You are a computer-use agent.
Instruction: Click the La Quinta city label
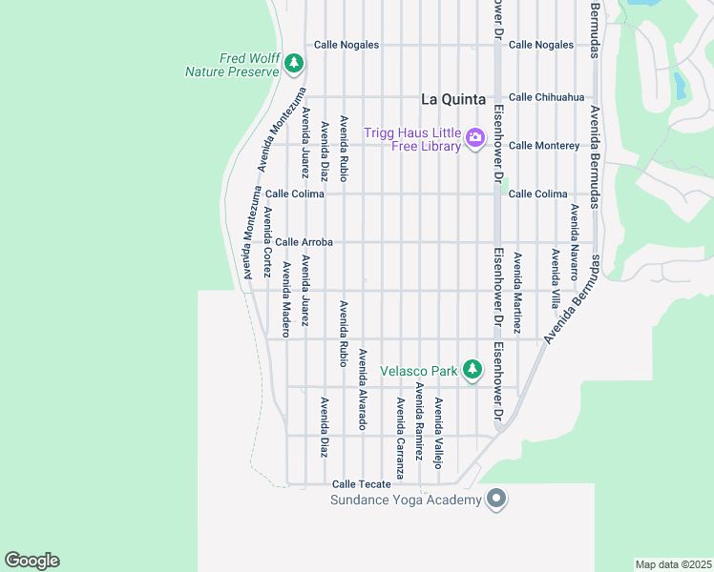[453, 99]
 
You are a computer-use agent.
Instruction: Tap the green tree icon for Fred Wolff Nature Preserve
[294, 65]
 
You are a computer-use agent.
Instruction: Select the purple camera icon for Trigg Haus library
[474, 139]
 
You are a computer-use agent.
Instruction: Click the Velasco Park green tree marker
[472, 369]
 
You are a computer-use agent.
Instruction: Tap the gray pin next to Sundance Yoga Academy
[495, 499]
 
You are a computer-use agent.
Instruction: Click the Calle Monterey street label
[544, 146]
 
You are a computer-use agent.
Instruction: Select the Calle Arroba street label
[304, 243]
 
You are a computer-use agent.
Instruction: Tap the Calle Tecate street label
[361, 484]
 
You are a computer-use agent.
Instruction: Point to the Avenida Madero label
[285, 294]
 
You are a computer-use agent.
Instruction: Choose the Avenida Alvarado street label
[363, 389]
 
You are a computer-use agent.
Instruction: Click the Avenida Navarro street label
[575, 241]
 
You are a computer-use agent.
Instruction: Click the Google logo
[31, 561]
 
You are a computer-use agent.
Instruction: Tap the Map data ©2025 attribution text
[673, 564]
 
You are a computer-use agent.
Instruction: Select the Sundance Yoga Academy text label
[406, 500]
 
